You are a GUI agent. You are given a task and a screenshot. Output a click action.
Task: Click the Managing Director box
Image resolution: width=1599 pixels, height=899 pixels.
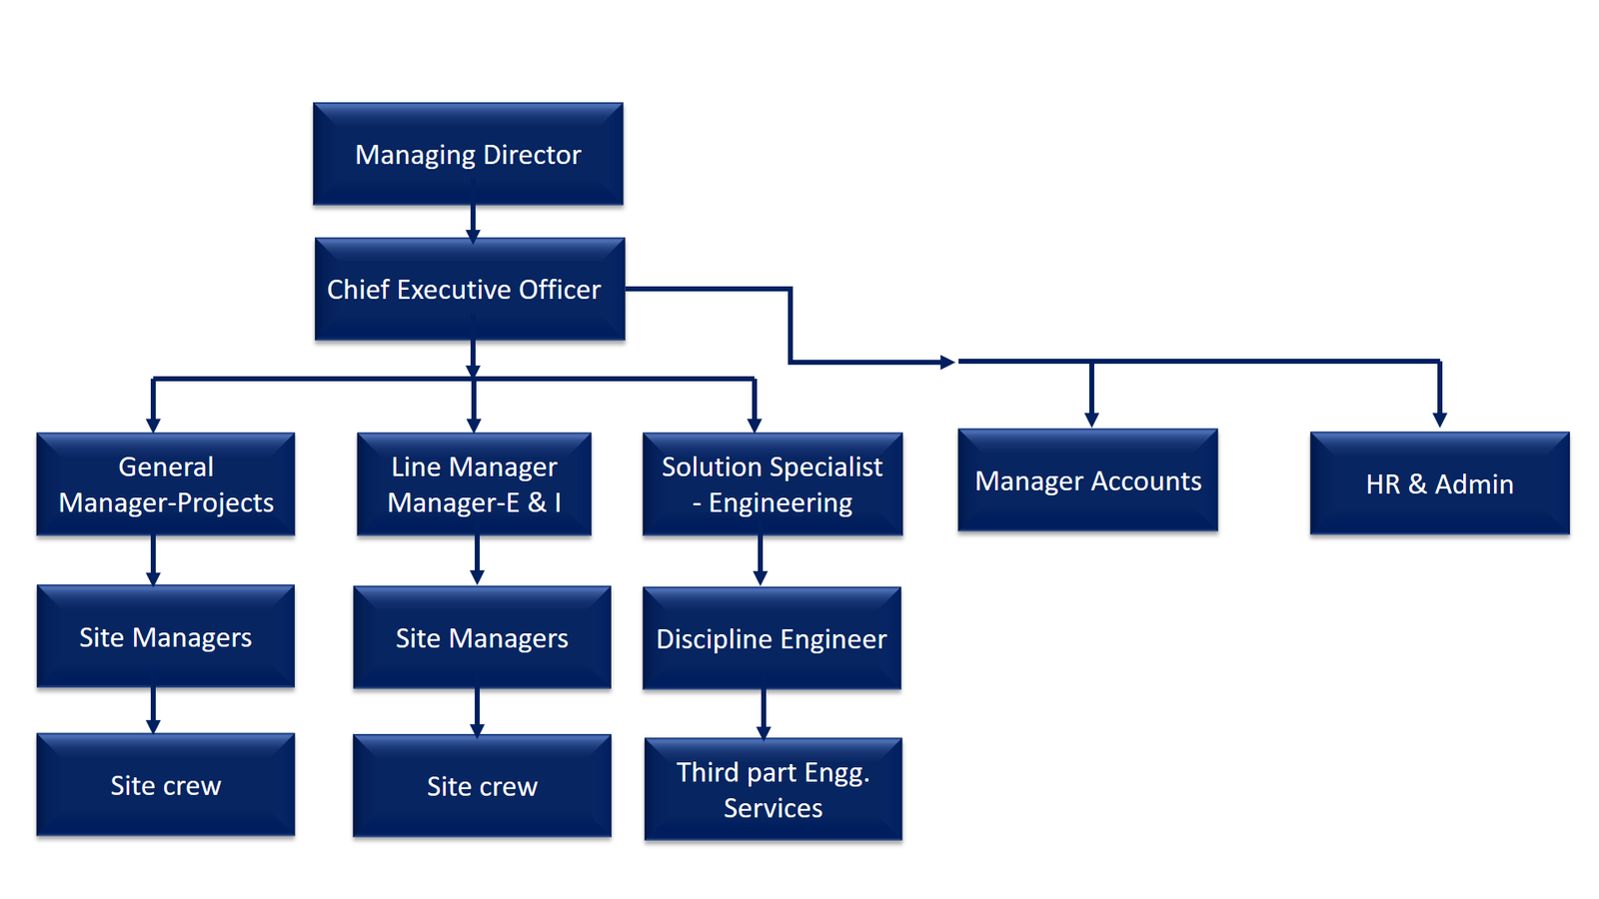pyautogui.click(x=468, y=154)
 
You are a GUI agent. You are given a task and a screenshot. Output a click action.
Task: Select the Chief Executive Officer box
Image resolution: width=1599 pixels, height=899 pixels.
pyautogui.click(x=470, y=289)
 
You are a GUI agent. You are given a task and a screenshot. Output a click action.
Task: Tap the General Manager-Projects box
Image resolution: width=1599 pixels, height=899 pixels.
pyautogui.click(x=166, y=484)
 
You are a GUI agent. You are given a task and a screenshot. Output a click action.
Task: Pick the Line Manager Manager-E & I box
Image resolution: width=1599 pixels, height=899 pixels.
pyautogui.click(x=474, y=484)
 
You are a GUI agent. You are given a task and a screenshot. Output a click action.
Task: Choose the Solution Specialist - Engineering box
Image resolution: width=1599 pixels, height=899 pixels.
pyautogui.click(x=773, y=484)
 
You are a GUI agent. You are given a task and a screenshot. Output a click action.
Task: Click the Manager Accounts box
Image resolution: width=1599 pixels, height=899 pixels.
pyautogui.click(x=1087, y=480)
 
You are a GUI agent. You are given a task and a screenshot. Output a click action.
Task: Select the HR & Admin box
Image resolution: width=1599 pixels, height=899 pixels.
pyautogui.click(x=1439, y=483)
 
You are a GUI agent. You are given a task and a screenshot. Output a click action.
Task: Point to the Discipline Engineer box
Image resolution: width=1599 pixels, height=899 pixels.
pyautogui.click(x=772, y=638)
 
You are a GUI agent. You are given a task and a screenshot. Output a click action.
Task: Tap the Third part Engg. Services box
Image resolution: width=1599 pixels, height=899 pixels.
pyautogui.click(x=774, y=789)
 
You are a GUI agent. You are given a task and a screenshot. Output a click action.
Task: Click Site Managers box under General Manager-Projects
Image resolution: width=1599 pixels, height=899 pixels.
pyautogui.click(x=166, y=636)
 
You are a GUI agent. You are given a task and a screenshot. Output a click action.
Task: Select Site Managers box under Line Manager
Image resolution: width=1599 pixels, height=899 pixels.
pyautogui.click(x=482, y=637)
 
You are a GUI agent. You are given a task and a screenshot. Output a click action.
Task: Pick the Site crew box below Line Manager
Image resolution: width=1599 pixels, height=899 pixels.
pyautogui.click(x=482, y=786)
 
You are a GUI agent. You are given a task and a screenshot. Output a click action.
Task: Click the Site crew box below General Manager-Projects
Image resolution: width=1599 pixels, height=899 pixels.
pyautogui.click(x=166, y=785)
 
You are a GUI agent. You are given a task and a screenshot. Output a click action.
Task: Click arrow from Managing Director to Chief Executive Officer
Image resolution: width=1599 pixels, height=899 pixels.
pyautogui.click(x=473, y=222)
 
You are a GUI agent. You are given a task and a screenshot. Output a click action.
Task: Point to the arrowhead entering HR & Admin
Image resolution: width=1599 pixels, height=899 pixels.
pyautogui.click(x=1439, y=420)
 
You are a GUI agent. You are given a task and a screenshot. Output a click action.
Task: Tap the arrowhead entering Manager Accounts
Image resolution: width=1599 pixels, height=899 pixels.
pyautogui.click(x=1091, y=419)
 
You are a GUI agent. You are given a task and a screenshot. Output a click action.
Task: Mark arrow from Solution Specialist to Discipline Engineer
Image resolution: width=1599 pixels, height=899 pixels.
pyautogui.click(x=760, y=560)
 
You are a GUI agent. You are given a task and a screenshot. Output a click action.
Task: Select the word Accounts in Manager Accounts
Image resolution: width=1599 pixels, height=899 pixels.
pyautogui.click(x=1146, y=481)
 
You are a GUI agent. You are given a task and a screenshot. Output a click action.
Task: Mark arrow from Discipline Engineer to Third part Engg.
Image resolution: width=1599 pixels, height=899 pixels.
pyautogui.click(x=764, y=713)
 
